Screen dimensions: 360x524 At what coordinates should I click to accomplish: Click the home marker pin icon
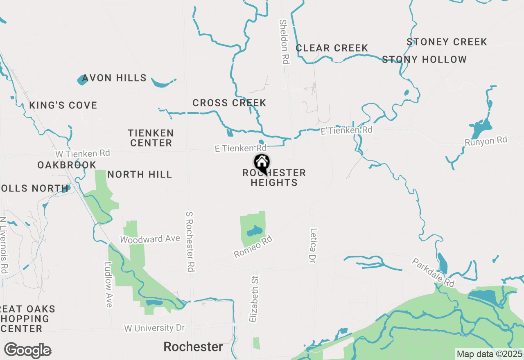point(262,163)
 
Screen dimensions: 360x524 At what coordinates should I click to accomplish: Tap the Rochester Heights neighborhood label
point(274,178)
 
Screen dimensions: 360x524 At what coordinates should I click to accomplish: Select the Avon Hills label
point(114,78)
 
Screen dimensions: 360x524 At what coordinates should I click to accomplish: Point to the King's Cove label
point(63,105)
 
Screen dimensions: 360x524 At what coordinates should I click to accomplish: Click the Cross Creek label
point(229,103)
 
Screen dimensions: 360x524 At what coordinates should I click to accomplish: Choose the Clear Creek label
point(332,48)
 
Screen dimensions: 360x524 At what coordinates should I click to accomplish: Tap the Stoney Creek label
point(447,42)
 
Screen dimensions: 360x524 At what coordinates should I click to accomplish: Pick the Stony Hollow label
point(424,59)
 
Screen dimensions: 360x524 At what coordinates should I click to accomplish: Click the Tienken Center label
point(151,138)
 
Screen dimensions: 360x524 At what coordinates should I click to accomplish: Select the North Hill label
point(140,175)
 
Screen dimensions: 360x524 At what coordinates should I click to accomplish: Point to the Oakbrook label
point(67,165)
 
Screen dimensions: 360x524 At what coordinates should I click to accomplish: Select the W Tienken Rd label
point(83,154)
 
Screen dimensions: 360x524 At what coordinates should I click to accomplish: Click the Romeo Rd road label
point(253,246)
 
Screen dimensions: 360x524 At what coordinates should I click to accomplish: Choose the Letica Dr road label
point(314,245)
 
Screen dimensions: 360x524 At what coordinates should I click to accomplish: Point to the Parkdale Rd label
point(433,272)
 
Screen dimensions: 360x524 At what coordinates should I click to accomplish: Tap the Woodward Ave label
point(150,239)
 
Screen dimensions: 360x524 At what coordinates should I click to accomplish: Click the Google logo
point(27,351)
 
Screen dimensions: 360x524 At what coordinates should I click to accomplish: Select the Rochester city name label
point(193,347)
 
